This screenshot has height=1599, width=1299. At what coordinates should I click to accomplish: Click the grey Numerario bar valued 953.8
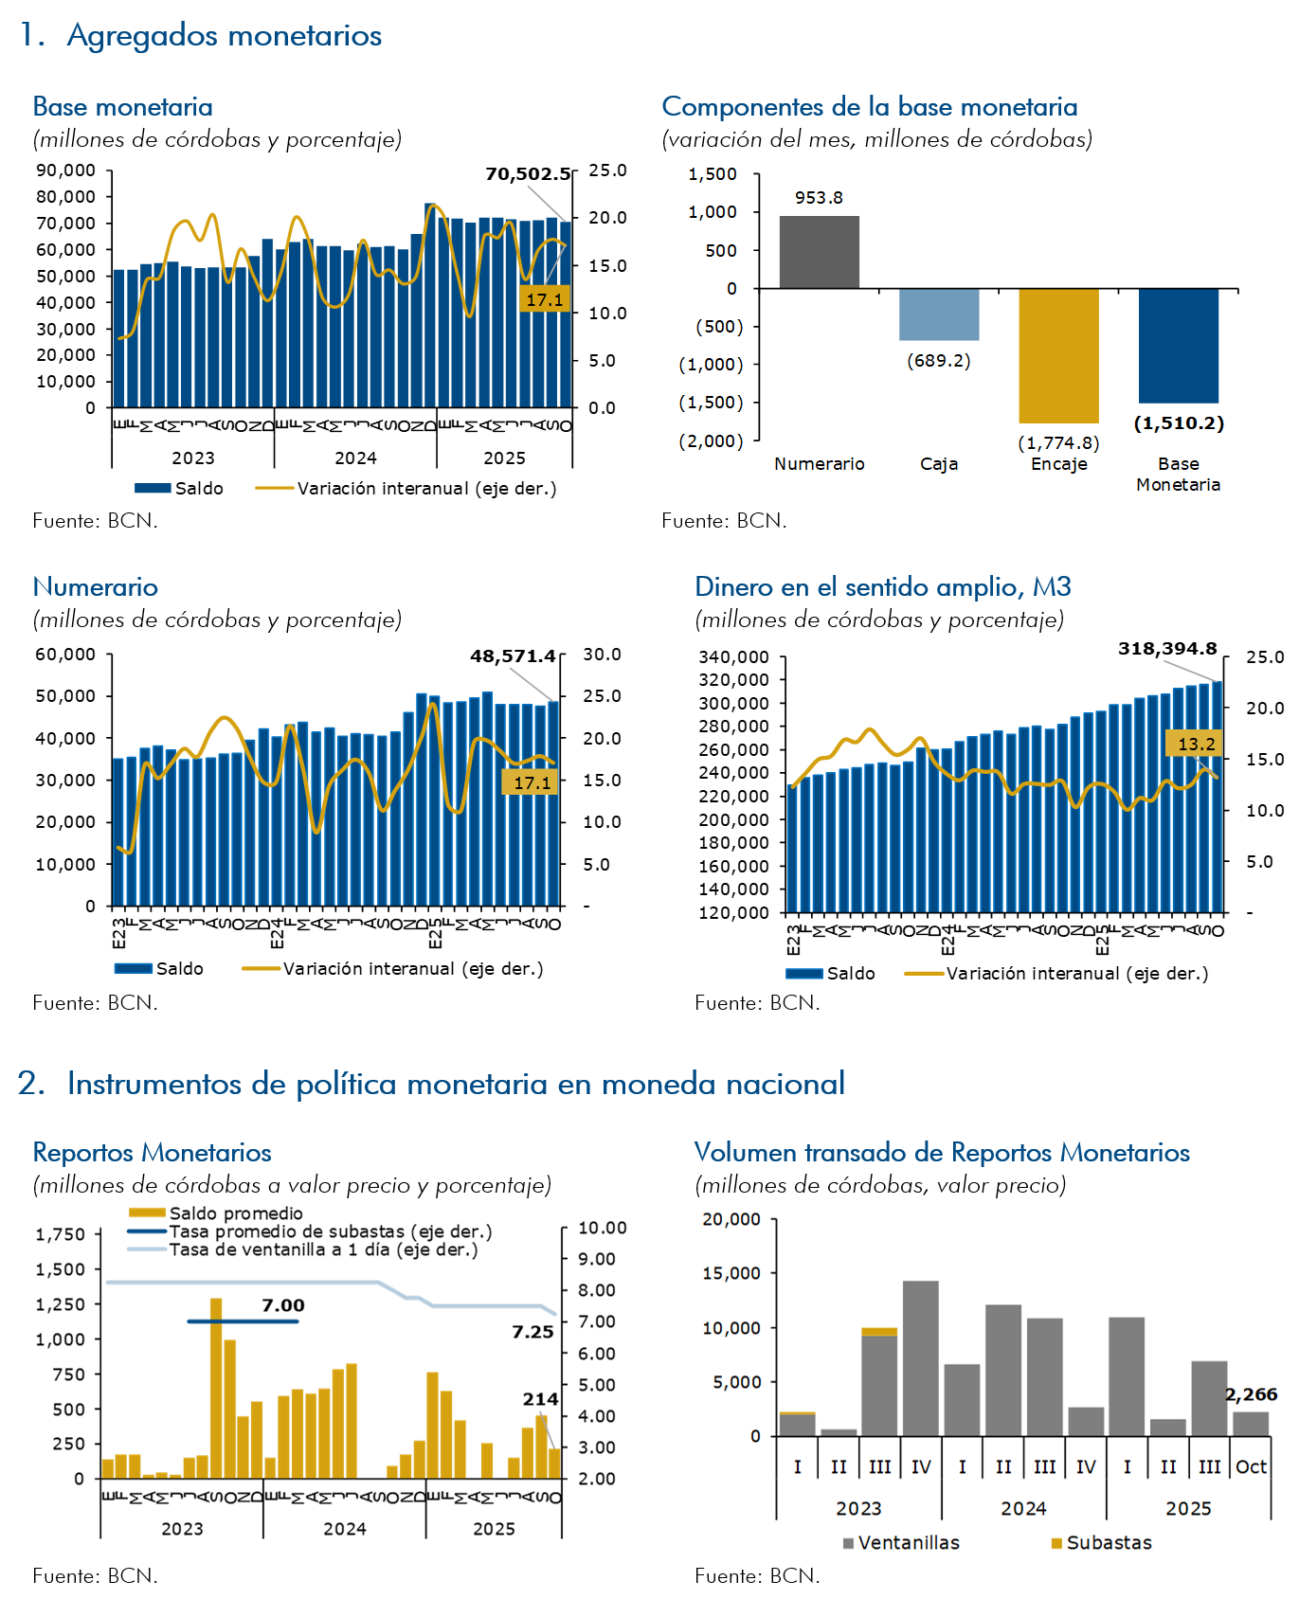coord(820,252)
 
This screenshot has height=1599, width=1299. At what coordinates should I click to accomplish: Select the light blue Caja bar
coord(939,314)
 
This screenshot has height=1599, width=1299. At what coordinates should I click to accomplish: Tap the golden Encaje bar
coord(1058,355)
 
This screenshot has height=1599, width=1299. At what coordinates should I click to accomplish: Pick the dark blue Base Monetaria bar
coord(1178,346)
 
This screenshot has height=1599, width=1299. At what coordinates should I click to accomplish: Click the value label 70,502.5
coord(528,174)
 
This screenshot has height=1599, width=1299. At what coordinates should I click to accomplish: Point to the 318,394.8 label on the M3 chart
coord(1167,649)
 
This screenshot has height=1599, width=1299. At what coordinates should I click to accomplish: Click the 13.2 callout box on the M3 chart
coord(1196,745)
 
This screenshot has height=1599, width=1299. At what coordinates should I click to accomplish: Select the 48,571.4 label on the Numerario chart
coord(513,656)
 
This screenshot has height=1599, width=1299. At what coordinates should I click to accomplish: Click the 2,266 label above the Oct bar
coord(1251,1394)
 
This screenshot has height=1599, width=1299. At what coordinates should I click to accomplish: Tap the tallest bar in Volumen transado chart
coord(920,1357)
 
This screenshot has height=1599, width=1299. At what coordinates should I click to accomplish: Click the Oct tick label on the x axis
coord(1251,1467)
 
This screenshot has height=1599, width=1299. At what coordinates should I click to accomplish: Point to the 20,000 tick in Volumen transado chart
coord(731,1219)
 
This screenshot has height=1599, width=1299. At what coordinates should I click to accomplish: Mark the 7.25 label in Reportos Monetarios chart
coord(532,1332)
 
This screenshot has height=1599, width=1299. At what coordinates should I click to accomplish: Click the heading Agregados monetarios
coord(224,35)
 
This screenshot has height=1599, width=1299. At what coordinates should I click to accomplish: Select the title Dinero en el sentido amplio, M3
coord(882,587)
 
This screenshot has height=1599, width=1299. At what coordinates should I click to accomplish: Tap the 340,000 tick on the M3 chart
coord(733,657)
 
